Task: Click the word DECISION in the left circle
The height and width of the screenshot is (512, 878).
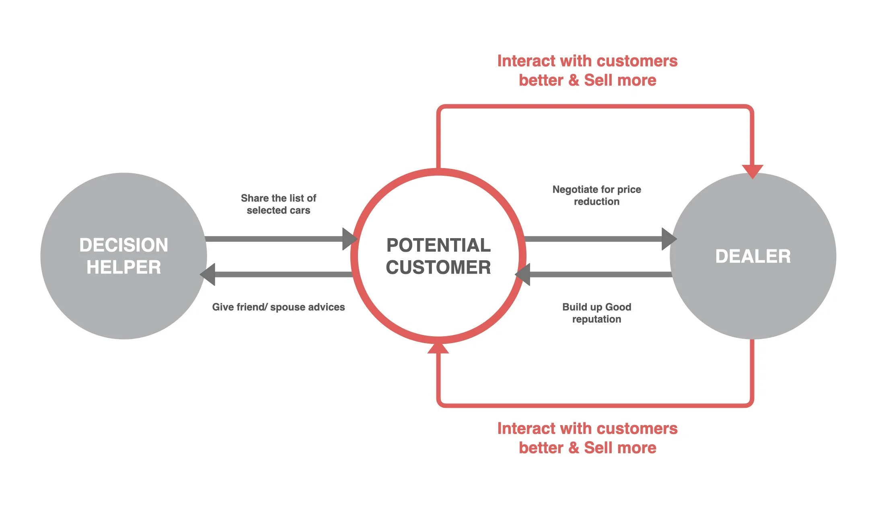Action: tap(123, 245)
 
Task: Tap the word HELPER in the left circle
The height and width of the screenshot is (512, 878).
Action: tap(123, 267)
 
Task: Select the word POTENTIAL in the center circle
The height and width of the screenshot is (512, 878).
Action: tap(438, 245)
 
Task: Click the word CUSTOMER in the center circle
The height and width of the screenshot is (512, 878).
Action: tap(438, 267)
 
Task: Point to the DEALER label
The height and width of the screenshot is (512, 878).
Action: tap(753, 256)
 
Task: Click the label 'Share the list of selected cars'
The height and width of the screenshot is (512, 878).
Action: tap(278, 204)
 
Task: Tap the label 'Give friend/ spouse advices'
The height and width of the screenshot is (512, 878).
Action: tap(278, 307)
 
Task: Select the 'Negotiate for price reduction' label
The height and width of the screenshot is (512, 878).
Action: tap(596, 195)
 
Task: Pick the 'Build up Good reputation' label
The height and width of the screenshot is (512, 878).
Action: tap(596, 313)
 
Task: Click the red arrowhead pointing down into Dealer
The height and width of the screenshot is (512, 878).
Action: tap(752, 171)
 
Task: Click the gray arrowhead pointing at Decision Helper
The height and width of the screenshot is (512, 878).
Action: tap(208, 274)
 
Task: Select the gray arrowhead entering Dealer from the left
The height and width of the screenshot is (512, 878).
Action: tap(668, 239)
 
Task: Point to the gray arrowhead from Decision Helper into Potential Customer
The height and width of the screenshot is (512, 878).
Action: tap(349, 239)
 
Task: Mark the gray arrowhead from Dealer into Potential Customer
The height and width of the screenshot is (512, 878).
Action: tap(523, 274)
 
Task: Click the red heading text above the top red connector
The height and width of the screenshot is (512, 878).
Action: tap(587, 70)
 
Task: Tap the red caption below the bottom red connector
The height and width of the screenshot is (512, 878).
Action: tap(587, 438)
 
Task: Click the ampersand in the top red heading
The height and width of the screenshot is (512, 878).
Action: tap(574, 80)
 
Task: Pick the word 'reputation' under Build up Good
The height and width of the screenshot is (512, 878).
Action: tap(596, 319)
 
